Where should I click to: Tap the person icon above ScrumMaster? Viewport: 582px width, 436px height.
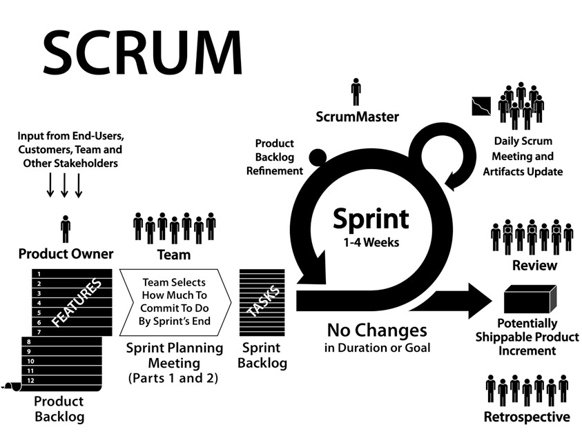coord(356,91)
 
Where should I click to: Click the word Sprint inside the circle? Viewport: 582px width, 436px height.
coord(370,219)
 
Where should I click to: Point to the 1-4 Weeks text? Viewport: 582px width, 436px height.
coord(370,242)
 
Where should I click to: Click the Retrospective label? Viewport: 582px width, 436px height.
coord(527,417)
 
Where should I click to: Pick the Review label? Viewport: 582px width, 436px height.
coord(534,266)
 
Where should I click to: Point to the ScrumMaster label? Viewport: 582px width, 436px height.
coord(356,117)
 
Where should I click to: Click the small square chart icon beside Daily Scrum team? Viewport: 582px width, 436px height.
coord(480,106)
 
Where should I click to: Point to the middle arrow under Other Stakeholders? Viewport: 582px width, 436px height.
coord(64,185)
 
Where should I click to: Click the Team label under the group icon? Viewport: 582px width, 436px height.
coord(174,255)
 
